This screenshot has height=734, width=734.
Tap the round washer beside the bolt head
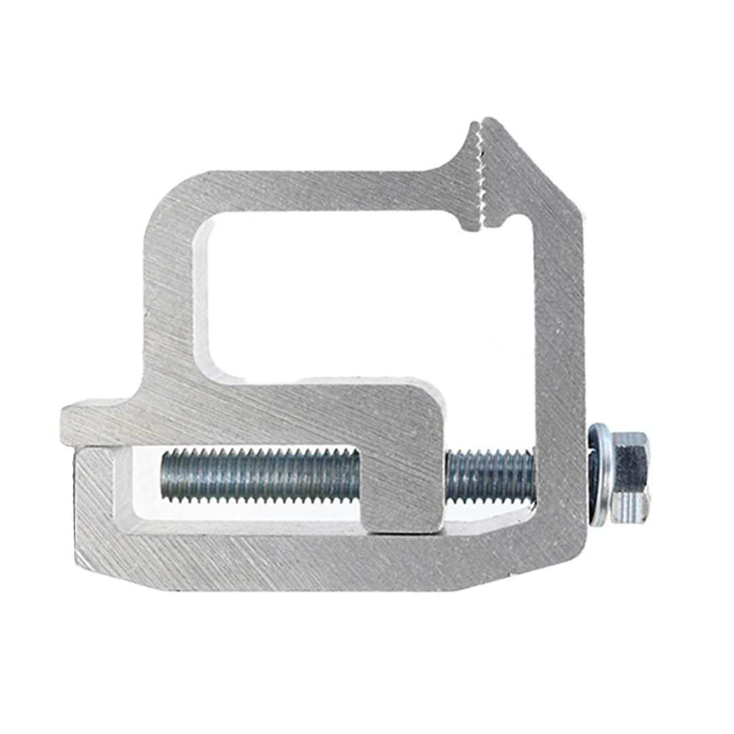coord(597,476)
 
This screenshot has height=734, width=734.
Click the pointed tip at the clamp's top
coord(491,124)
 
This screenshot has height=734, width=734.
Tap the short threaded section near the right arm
coord(489,476)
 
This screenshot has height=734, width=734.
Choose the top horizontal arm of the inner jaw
coord(326,190)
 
